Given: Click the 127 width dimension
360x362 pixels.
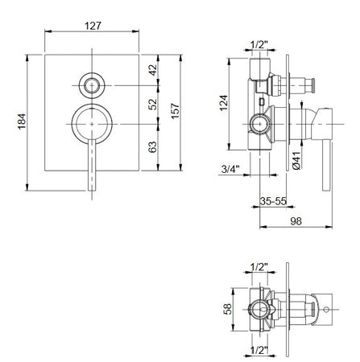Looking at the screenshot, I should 95,25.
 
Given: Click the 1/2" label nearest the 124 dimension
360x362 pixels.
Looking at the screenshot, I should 259,45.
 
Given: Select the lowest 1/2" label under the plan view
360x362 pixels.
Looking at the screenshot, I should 259,351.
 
